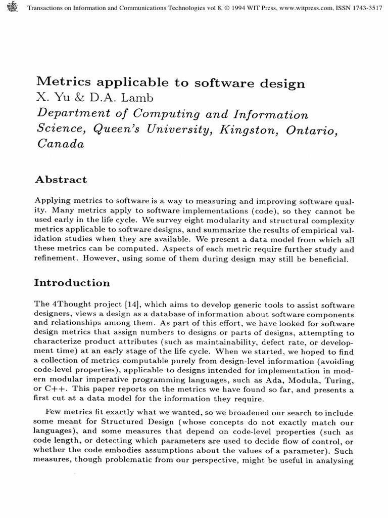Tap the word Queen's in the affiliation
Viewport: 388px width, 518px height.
tap(119, 129)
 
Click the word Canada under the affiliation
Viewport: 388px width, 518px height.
tap(61, 144)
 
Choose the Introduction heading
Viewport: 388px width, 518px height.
tap(72, 283)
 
